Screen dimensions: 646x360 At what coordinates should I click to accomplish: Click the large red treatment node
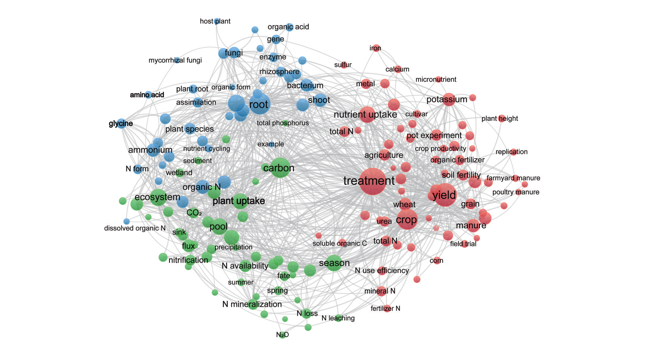point(373,181)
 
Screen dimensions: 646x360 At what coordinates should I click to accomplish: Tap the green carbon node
point(280,168)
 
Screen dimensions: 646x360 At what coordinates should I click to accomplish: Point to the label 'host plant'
point(215,21)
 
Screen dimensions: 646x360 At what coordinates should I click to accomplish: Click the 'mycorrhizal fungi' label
point(175,60)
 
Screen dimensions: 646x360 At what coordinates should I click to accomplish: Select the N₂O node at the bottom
point(283,335)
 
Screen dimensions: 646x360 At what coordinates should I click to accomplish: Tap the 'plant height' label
point(500,118)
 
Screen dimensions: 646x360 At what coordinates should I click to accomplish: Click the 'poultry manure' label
point(516,192)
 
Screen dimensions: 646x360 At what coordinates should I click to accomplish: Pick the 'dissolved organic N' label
point(135,228)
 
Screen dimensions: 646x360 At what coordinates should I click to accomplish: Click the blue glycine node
point(121,124)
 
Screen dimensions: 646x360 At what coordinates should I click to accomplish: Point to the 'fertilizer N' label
point(385,309)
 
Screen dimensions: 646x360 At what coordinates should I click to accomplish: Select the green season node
point(334,263)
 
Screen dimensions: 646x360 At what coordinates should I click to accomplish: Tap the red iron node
point(376,48)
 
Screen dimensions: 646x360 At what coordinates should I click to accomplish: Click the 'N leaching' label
point(338,318)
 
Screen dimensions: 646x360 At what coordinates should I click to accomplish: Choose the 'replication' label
point(512,152)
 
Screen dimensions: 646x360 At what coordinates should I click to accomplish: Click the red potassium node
point(449,100)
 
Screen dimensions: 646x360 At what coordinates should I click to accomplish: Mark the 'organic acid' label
point(288,27)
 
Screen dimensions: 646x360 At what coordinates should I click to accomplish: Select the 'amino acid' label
point(147,95)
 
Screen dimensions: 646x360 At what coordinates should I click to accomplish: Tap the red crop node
point(407,219)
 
